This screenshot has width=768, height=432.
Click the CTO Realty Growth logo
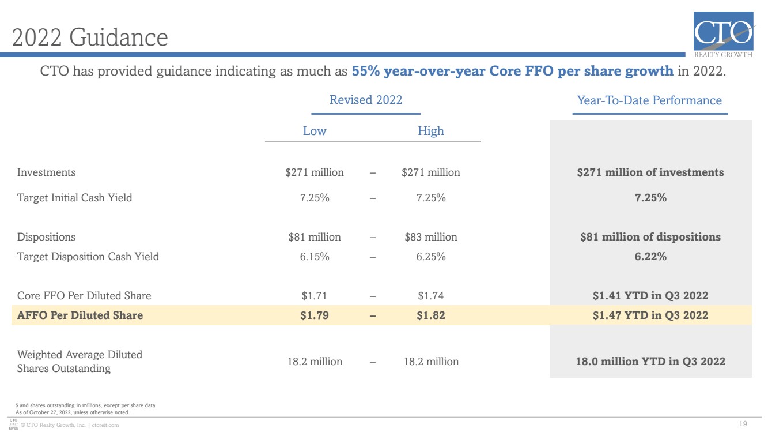coord(724,35)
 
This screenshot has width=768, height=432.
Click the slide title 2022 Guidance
coord(90,37)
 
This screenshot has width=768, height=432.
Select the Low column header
coord(315,131)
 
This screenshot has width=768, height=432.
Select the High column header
coord(430,131)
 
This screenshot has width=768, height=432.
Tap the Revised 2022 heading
coord(366,100)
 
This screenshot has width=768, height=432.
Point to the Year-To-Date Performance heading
coord(649,100)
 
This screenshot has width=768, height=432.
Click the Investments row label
coord(46,172)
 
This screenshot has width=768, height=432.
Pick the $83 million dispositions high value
coord(431,236)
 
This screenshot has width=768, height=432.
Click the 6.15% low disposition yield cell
coord(315,256)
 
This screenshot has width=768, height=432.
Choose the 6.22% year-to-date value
coord(650,256)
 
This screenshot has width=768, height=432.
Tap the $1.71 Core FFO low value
coord(315,295)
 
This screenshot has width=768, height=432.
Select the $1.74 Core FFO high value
coord(430,295)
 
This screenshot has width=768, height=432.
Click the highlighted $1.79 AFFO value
coord(315,315)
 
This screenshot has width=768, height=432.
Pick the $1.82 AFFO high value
coord(430,315)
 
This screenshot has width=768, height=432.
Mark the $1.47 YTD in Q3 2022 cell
coord(650,315)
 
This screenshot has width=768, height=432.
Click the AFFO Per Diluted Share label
coord(80,315)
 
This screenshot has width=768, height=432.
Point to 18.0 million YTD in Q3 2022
coord(650,361)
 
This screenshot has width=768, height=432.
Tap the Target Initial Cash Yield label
coord(75,198)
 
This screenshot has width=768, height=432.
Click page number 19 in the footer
coord(743,424)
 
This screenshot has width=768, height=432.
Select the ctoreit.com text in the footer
coord(105,425)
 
